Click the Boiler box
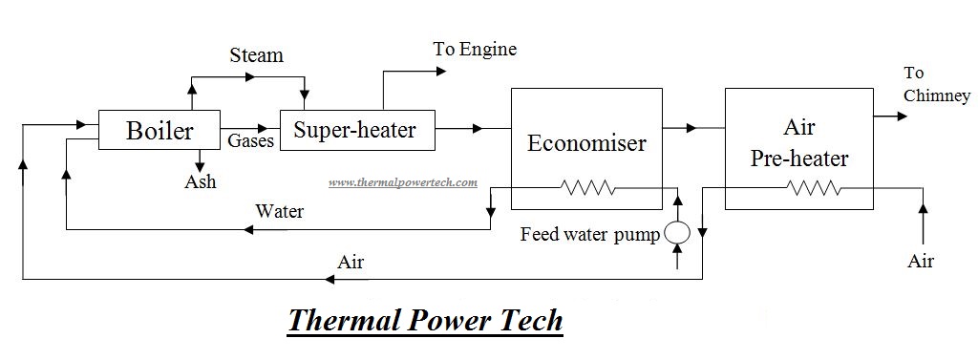[x=159, y=130]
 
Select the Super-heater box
[x=355, y=130]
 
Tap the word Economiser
[x=586, y=143]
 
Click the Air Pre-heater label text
[x=798, y=143]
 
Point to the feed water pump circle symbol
[x=677, y=232]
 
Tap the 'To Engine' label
[x=475, y=49]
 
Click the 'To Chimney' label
[x=936, y=84]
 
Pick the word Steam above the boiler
[x=256, y=55]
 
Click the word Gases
[x=251, y=140]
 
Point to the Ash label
[x=200, y=181]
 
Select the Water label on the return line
[x=279, y=211]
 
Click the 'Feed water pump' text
[x=589, y=233]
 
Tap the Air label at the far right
[x=920, y=261]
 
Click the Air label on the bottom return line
[x=351, y=262]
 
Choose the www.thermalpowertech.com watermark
[x=402, y=182]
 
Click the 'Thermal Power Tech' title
[x=425, y=320]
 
